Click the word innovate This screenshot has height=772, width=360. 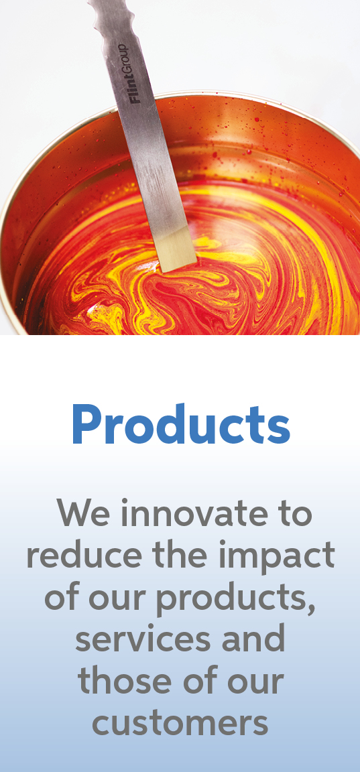tap(184, 514)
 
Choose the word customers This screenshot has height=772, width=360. tap(180, 723)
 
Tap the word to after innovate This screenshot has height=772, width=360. tap(291, 514)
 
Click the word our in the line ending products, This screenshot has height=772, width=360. tap(119, 598)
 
